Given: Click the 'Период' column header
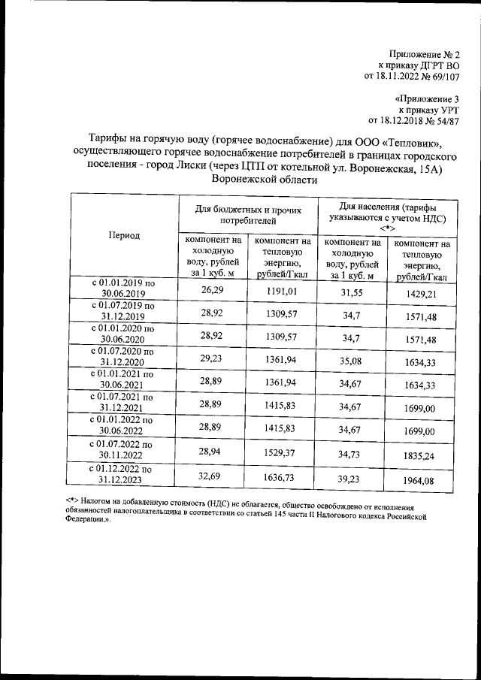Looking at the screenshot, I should tap(124, 235).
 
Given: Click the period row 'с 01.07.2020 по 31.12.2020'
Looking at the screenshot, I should tap(123, 356).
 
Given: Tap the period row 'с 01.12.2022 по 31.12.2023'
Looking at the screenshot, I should tap(123, 475).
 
